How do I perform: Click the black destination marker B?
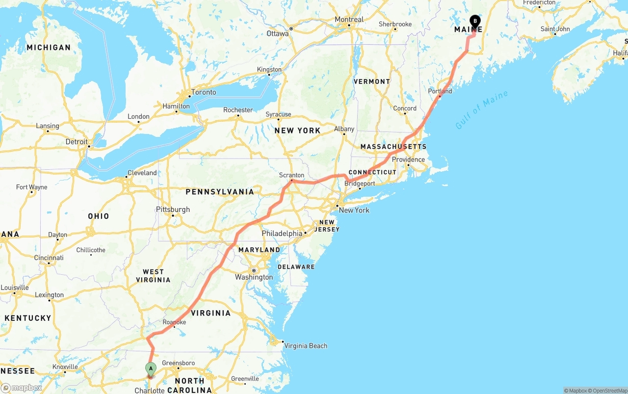[474, 21]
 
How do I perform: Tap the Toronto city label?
[204, 92]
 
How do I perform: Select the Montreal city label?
[349, 20]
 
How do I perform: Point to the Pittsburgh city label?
[173, 210]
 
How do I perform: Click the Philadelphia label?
[282, 234]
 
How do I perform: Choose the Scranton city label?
[291, 175]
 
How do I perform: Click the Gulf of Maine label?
[481, 110]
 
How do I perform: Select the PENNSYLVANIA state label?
[220, 192]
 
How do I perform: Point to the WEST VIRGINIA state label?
[154, 276]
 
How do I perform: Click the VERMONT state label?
[372, 81]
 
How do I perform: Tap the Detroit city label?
[77, 142]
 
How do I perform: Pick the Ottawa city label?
[278, 34]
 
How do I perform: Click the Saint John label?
[555, 29]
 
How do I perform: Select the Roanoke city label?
[174, 322]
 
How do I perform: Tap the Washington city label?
[254, 277]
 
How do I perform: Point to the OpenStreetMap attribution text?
[608, 391]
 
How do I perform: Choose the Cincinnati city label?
[49, 258]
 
